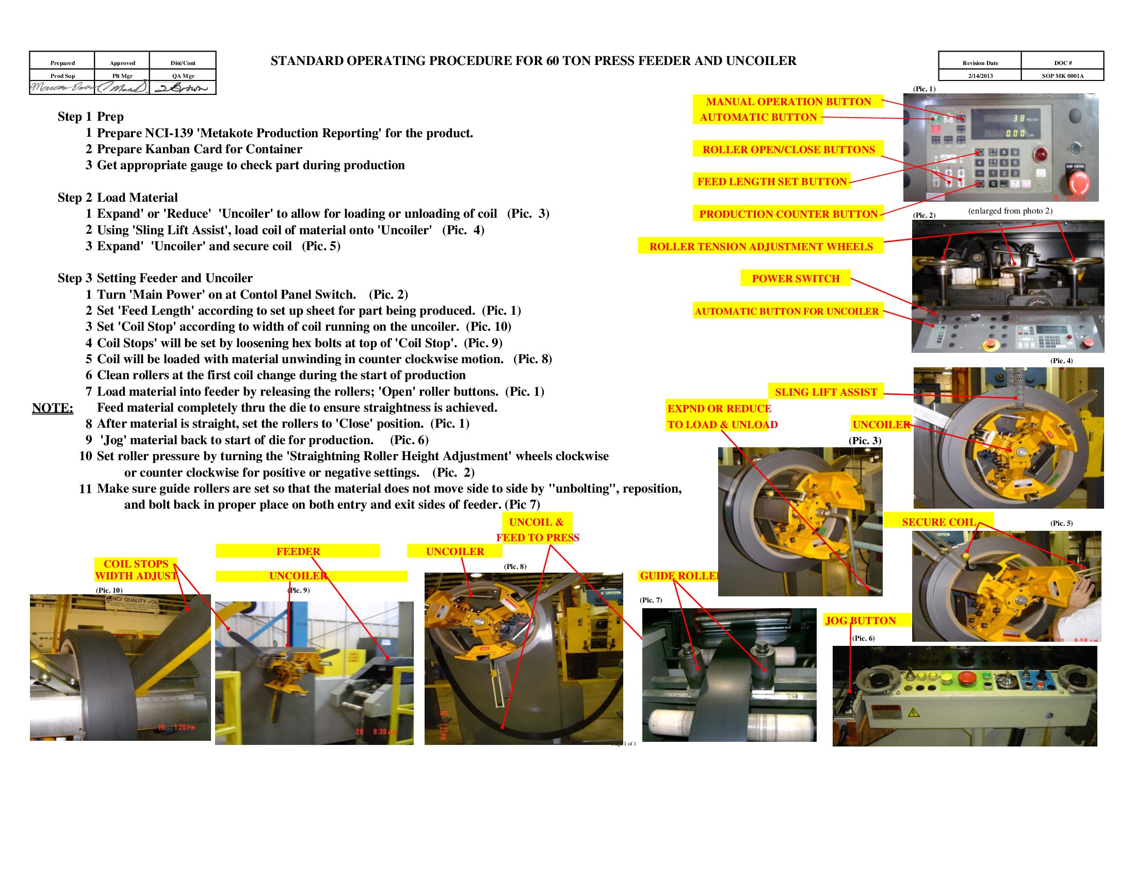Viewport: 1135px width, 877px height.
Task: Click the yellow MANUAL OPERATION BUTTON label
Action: [x=788, y=102]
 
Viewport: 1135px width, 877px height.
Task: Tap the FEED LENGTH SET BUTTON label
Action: [x=772, y=182]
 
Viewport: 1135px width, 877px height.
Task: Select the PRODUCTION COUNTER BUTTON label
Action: [x=788, y=214]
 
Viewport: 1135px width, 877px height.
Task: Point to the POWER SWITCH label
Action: [x=795, y=279]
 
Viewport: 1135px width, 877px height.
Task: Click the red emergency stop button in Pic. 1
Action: [x=1075, y=182]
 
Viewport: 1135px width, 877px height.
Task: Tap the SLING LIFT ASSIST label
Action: [x=825, y=392]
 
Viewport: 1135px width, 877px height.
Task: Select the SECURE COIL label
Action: [x=938, y=522]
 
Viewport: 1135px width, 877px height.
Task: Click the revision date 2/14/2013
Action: [x=980, y=76]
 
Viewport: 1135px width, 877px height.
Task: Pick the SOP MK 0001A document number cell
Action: [x=1062, y=76]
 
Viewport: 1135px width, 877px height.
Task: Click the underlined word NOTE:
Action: [x=53, y=408]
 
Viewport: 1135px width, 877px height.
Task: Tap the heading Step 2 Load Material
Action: [x=118, y=198]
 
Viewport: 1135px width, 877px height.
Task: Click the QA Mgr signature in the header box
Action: [x=183, y=88]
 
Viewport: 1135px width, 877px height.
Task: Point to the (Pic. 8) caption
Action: [x=514, y=566]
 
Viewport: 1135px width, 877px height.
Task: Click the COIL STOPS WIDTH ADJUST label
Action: [x=136, y=570]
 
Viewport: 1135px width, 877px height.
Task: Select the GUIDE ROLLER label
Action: [x=679, y=576]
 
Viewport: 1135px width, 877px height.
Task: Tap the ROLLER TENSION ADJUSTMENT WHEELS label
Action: [x=761, y=247]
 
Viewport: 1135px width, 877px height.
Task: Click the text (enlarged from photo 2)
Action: [x=1010, y=211]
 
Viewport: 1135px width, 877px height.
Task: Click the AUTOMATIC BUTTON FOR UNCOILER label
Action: [x=787, y=312]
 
